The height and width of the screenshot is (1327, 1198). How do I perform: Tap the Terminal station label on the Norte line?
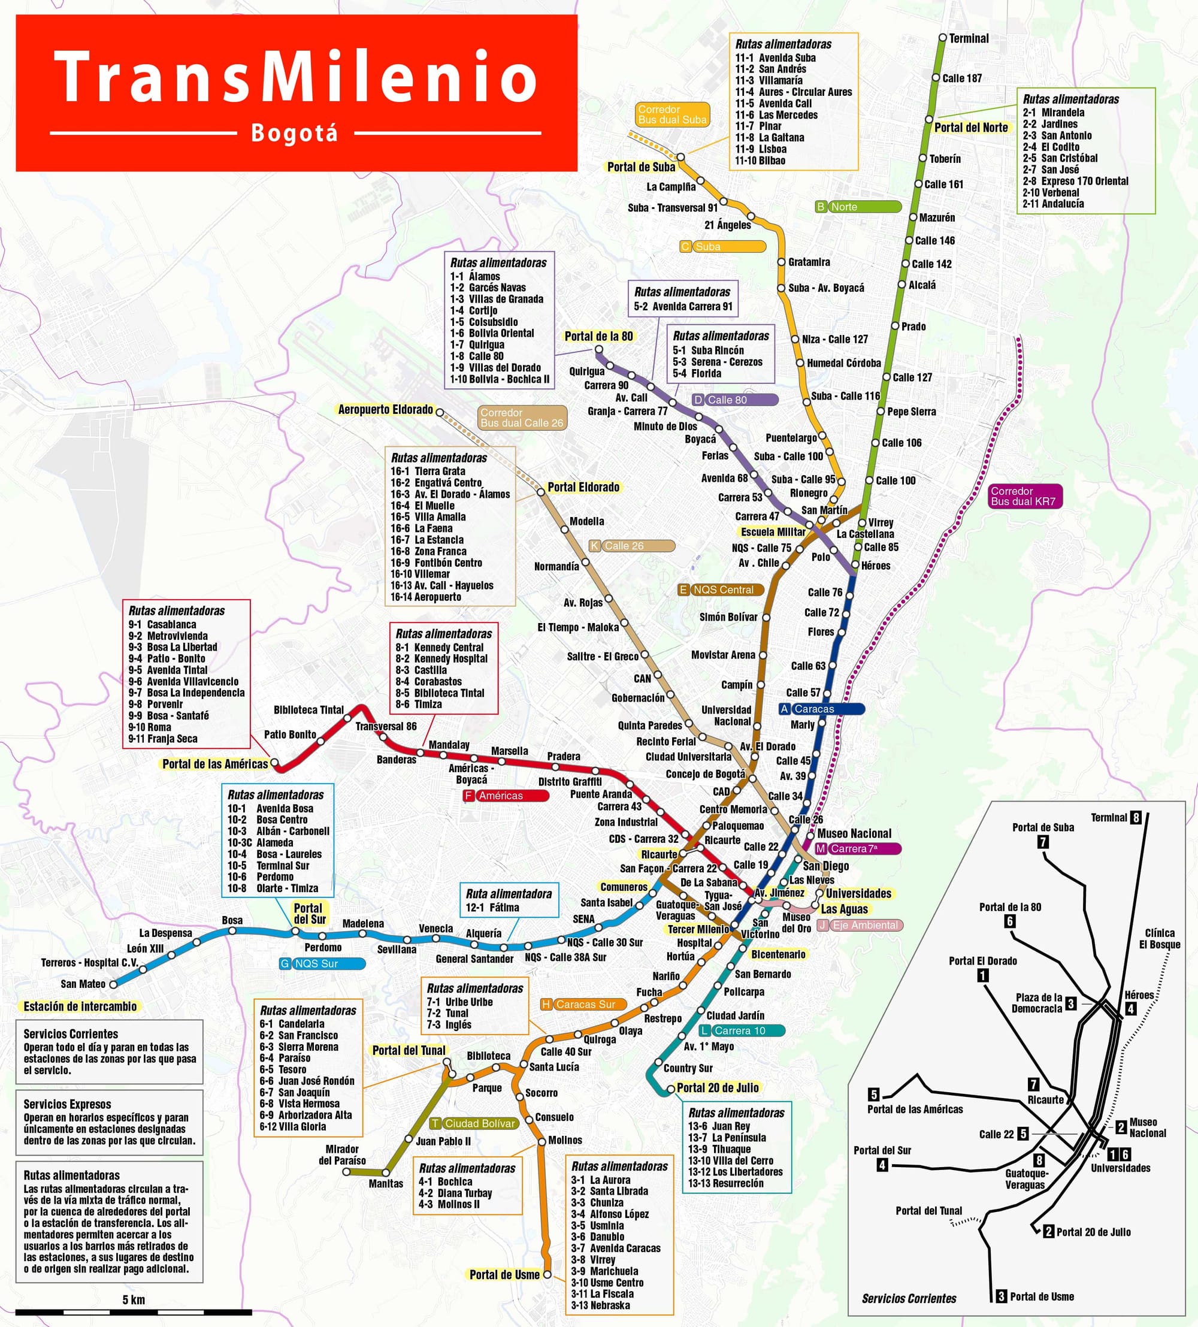click(968, 39)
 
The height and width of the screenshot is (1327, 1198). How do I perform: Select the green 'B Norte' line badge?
click(858, 207)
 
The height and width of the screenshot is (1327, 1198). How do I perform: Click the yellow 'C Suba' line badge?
click(722, 247)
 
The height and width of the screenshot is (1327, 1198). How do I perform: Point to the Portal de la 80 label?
click(598, 336)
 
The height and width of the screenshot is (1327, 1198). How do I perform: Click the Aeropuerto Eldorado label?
click(385, 409)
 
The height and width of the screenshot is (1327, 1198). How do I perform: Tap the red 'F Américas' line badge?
click(506, 796)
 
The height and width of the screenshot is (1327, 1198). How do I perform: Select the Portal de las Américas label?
click(215, 764)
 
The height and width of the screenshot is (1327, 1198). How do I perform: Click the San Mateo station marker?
click(113, 985)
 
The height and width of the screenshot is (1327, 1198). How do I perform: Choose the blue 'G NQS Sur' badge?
click(322, 964)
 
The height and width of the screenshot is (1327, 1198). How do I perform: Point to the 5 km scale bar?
click(133, 1312)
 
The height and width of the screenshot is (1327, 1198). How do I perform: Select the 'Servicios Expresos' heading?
click(67, 1105)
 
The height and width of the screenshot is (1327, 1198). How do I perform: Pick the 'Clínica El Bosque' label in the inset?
click(1159, 939)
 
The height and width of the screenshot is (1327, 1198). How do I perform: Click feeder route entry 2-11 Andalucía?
click(1052, 204)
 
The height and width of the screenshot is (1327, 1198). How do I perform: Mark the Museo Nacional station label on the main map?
click(854, 834)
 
